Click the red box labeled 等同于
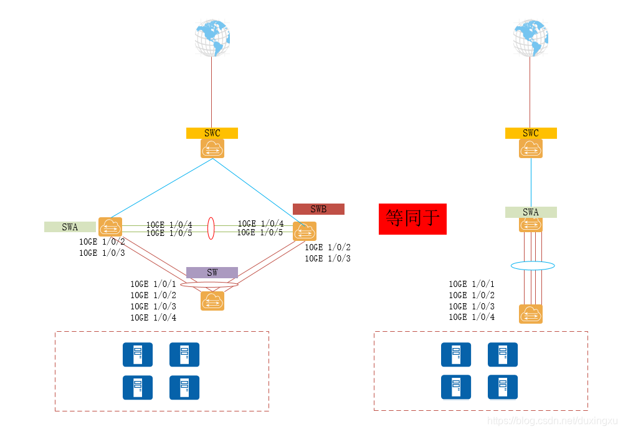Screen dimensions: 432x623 click(x=412, y=218)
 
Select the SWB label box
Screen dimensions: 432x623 click(x=318, y=209)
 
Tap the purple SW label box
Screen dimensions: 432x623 click(x=212, y=273)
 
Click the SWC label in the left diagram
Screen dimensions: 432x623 click(x=212, y=133)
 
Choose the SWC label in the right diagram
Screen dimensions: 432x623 click(x=531, y=133)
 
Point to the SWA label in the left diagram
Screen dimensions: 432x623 click(x=70, y=227)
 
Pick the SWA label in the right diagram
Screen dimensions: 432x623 click(x=531, y=212)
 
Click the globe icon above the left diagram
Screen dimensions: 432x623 click(x=212, y=38)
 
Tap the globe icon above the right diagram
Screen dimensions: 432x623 click(x=531, y=38)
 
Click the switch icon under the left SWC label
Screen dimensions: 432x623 click(x=212, y=149)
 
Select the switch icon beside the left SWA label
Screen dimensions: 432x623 click(x=110, y=227)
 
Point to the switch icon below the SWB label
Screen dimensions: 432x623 click(x=305, y=231)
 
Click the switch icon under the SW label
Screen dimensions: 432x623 click(x=212, y=301)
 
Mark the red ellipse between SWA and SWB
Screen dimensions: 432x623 click(x=211, y=227)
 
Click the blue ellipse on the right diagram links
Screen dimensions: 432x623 click(x=533, y=266)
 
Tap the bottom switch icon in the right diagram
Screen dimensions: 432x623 click(x=531, y=314)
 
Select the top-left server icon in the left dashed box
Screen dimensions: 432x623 click(x=138, y=354)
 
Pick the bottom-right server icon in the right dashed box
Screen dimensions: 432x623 click(x=503, y=387)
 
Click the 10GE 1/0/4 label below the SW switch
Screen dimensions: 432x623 click(x=153, y=318)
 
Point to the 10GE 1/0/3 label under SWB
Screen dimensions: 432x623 click(x=328, y=258)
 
